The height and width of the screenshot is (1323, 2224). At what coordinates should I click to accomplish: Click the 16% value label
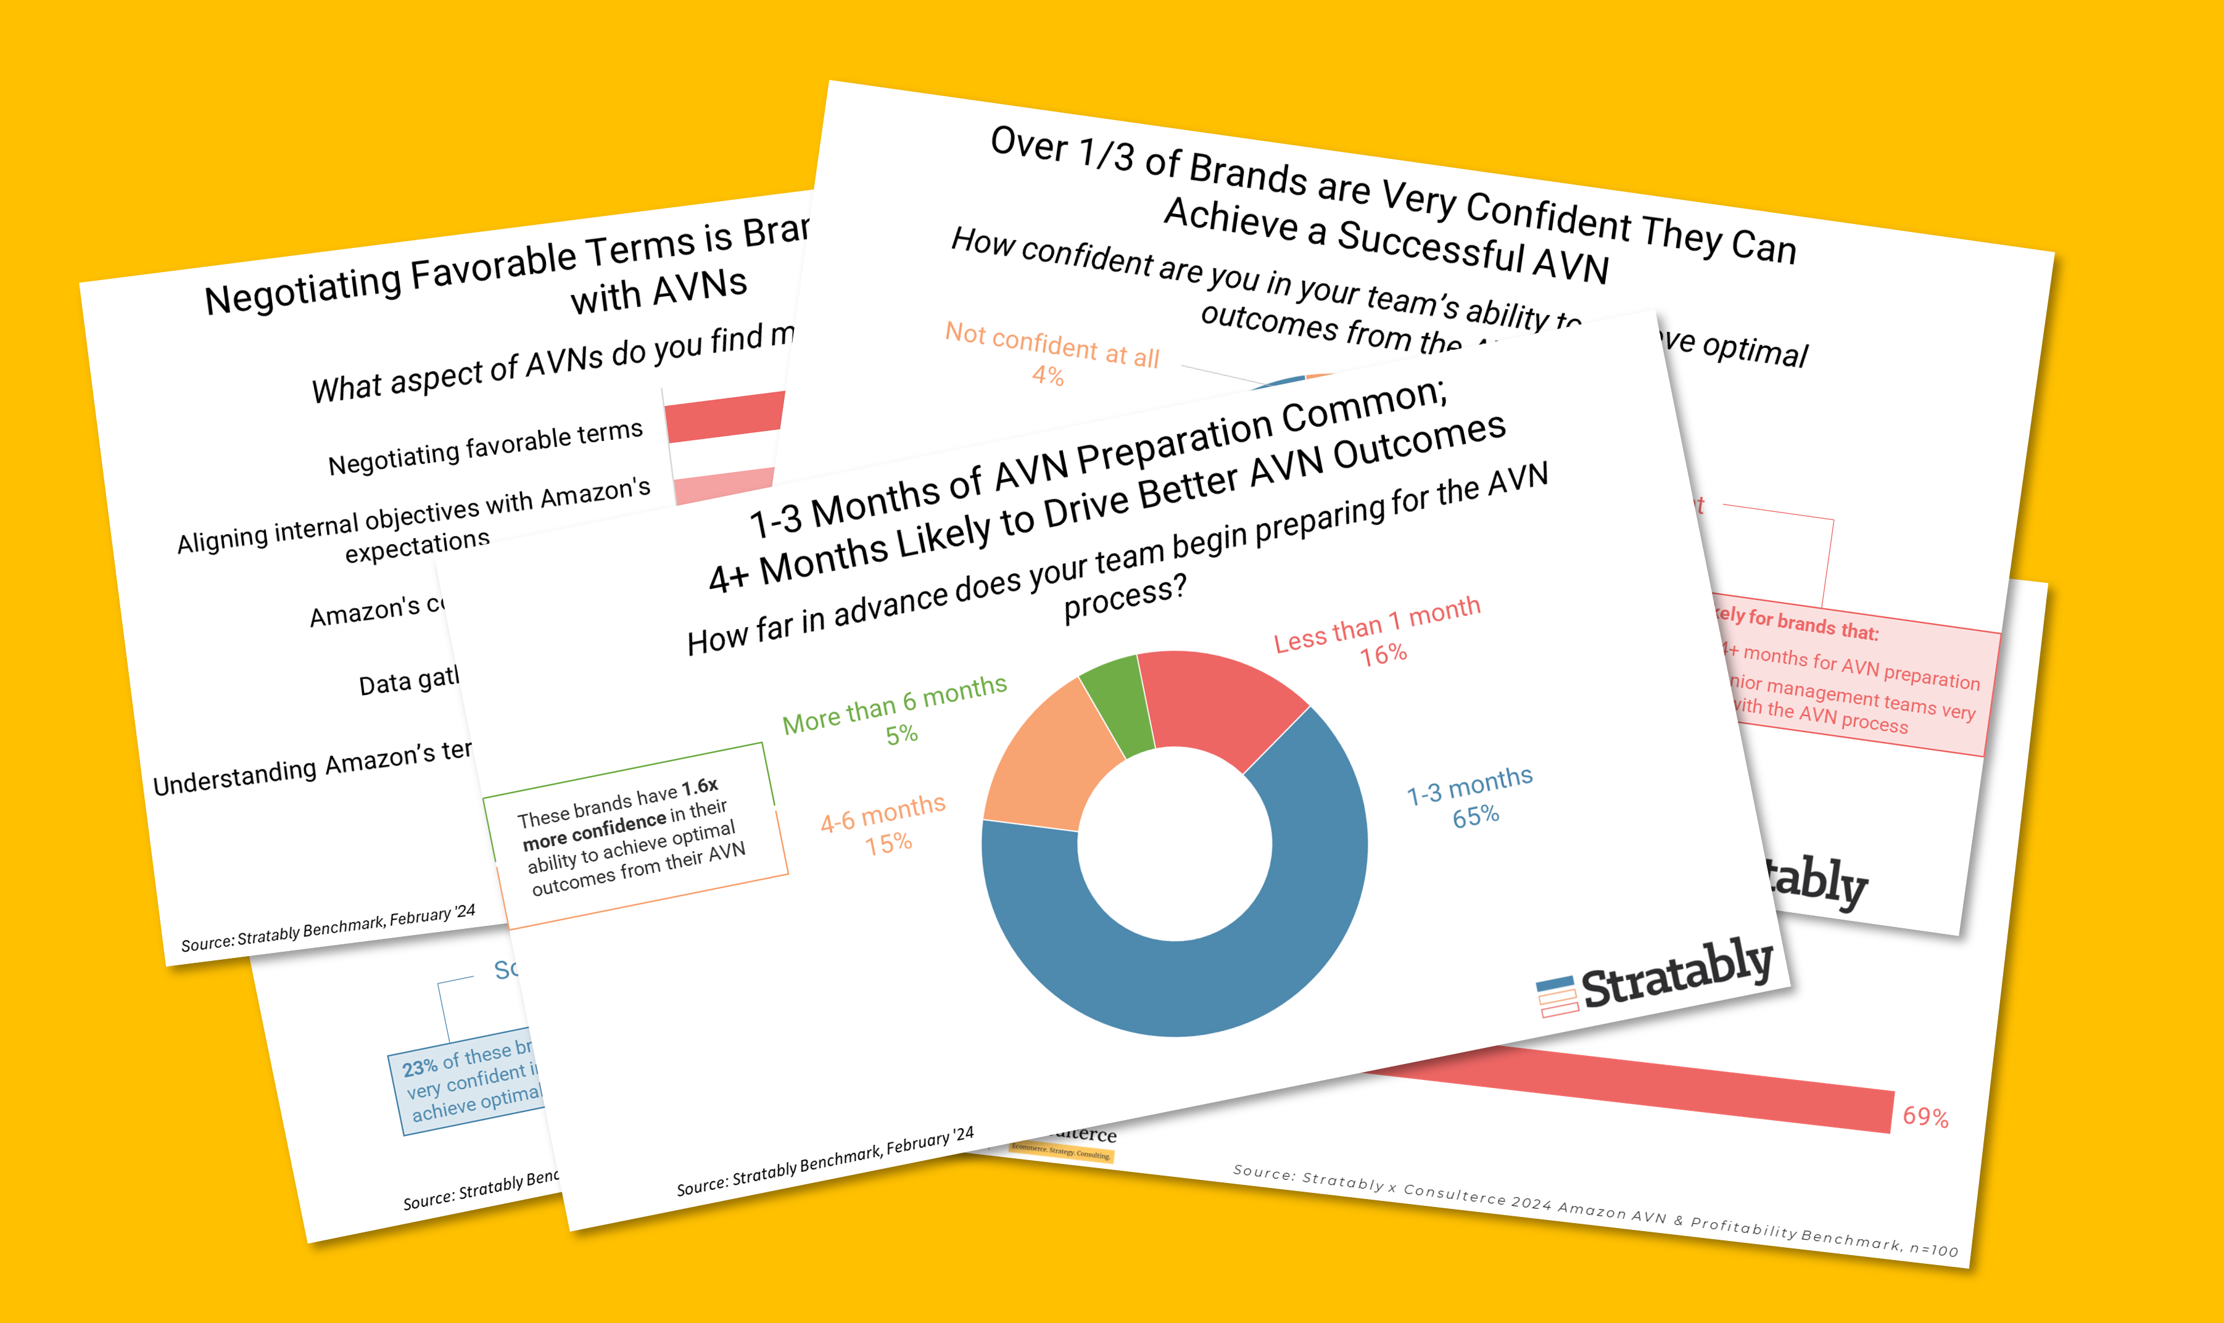coord(1383,655)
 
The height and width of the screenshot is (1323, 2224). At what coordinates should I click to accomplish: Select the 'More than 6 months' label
coord(895,703)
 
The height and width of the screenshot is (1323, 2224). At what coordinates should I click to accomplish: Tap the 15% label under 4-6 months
coord(888,843)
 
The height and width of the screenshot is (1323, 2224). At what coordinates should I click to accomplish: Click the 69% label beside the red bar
coord(1925,1116)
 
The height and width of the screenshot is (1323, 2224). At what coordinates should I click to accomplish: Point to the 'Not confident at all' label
coord(1052,345)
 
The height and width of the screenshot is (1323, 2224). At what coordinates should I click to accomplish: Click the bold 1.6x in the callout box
coord(700,786)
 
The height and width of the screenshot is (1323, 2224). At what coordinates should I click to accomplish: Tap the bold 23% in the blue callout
coord(419,1067)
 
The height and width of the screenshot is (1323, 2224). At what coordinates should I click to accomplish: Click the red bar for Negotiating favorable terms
coord(724,416)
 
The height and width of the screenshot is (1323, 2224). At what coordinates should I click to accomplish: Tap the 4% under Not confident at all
coord(1048,376)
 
